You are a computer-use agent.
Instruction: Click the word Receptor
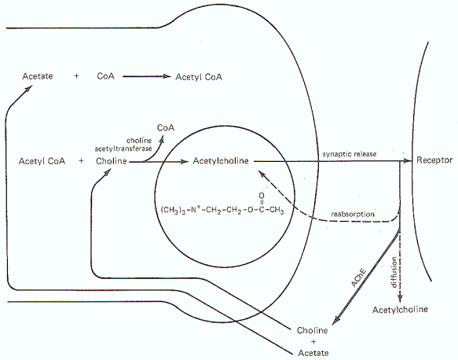click(434, 160)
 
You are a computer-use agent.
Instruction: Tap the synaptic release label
click(350, 154)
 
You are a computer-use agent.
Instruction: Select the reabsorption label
click(353, 214)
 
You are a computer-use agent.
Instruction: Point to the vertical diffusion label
click(394, 272)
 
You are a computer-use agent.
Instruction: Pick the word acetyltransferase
click(123, 149)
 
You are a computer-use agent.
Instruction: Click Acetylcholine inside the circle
click(221, 160)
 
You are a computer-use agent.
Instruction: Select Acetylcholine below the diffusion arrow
click(400, 310)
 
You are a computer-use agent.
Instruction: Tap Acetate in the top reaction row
click(38, 76)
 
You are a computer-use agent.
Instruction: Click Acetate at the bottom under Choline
click(313, 353)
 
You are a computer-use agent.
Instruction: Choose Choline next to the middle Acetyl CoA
click(112, 161)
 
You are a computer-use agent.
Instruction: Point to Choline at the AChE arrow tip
click(312, 330)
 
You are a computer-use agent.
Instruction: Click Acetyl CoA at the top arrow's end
click(199, 77)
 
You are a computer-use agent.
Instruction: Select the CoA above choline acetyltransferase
click(166, 127)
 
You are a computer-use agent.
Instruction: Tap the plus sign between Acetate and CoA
click(76, 76)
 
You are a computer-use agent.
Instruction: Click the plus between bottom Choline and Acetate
click(313, 342)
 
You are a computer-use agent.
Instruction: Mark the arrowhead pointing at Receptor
click(407, 160)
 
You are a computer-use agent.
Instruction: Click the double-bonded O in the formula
click(262, 196)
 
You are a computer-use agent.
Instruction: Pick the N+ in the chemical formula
click(196, 209)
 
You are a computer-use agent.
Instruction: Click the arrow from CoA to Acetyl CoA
click(147, 76)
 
